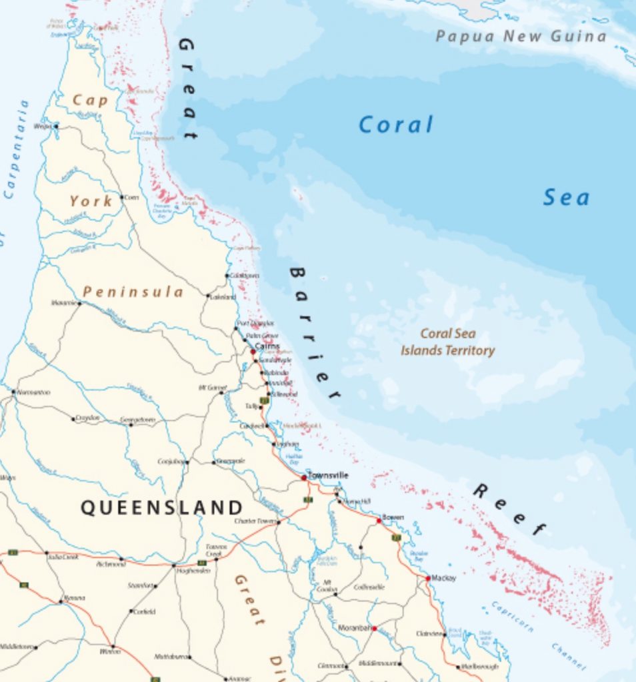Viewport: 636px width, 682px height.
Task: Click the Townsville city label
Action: pyautogui.click(x=328, y=475)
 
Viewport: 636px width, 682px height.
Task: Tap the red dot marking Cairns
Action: pyautogui.click(x=253, y=351)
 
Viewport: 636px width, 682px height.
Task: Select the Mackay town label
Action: pyautogui.click(x=444, y=578)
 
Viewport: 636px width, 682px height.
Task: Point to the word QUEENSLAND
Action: pyautogui.click(x=162, y=508)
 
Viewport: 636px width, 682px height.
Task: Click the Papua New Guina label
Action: pyautogui.click(x=521, y=36)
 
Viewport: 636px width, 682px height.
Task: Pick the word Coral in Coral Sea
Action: pyautogui.click(x=396, y=125)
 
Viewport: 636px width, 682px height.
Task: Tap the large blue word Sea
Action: pyautogui.click(x=566, y=197)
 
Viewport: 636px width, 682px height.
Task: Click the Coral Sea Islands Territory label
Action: pyautogui.click(x=448, y=342)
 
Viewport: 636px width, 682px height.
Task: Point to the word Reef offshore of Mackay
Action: pyautogui.click(x=510, y=510)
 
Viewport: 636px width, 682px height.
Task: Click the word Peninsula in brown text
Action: pyautogui.click(x=133, y=292)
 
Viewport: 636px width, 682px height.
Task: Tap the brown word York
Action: pyautogui.click(x=91, y=200)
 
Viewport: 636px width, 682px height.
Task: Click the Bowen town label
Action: pyautogui.click(x=393, y=517)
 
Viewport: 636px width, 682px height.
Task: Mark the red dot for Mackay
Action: pyautogui.click(x=428, y=578)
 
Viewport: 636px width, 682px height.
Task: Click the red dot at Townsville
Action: pyautogui.click(x=304, y=478)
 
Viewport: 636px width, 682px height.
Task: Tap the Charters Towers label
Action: pyautogui.click(x=255, y=521)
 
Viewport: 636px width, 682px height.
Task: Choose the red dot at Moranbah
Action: pyautogui.click(x=375, y=628)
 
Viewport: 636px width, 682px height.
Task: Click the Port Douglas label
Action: pyautogui.click(x=255, y=324)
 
